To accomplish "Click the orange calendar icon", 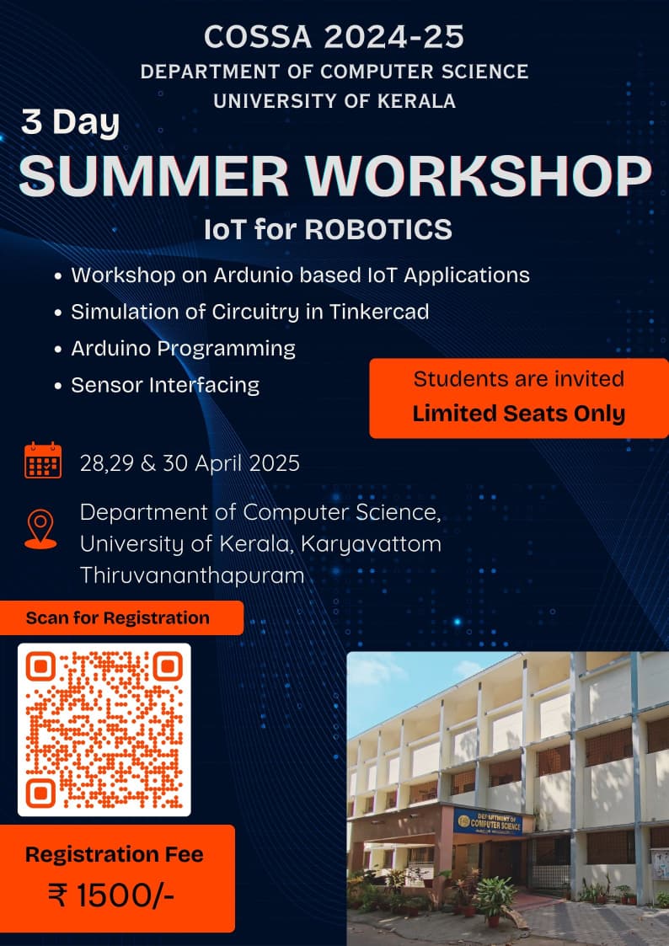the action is point(43,460).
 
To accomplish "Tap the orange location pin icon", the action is point(40,529).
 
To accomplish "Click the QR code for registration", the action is point(104,730).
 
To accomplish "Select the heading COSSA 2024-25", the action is point(334,37).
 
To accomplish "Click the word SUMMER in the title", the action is point(154,175).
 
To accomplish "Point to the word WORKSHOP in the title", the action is point(479,175).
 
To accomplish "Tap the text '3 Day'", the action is point(71,122).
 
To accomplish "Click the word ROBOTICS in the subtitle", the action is point(378,230).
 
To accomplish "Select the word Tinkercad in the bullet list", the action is point(379,312).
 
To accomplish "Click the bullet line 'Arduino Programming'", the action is point(184,349).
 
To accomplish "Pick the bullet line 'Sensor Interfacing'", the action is point(165,385).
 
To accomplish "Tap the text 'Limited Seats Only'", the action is point(519,414).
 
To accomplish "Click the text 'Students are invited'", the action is point(519,379).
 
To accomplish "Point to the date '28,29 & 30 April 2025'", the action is point(190,463).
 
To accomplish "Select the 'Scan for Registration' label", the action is point(118,617).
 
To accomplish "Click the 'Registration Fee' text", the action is point(115,854).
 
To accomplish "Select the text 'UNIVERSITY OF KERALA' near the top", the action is point(334,101).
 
